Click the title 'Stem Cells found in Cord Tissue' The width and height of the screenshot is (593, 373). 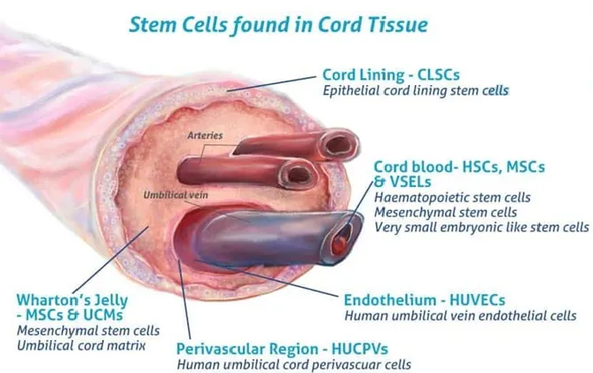coord(278,25)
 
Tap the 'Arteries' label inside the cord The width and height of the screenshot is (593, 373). coord(205,136)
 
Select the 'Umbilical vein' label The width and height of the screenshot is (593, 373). coord(176,195)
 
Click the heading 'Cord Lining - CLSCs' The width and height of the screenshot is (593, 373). coord(391,74)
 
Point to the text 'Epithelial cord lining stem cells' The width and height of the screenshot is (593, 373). coord(416,90)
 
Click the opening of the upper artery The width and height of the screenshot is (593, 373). coord(338,144)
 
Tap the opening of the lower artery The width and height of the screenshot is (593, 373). coord(297,175)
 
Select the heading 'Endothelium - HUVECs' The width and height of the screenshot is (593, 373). coord(425,300)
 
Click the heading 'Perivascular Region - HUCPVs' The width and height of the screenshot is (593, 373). coord(282,349)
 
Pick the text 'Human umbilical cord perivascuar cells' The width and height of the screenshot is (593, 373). coord(294,365)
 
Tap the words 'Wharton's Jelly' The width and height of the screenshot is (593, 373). coord(72,300)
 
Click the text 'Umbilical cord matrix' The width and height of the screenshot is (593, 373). coord(82,346)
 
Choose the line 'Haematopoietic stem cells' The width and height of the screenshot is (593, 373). coord(452,198)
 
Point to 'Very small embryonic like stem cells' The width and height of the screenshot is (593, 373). coord(481,228)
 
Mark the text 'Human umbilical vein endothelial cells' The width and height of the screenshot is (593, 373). coord(460,316)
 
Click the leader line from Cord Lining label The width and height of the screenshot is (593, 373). coord(271,83)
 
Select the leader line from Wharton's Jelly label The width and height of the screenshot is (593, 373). coord(111,260)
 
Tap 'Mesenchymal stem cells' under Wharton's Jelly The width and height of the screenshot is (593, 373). coord(88,330)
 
